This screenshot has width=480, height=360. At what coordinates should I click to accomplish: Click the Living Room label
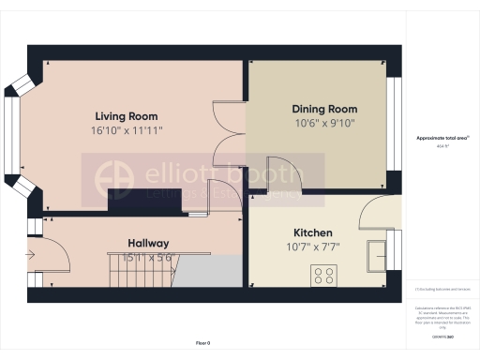pos(130,116)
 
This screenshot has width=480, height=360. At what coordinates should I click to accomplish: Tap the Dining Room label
pos(324,109)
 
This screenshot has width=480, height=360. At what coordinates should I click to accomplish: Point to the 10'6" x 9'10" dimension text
pos(324,122)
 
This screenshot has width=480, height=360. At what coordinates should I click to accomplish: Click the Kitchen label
pos(313,232)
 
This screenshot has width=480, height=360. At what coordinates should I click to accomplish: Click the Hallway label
pos(148,243)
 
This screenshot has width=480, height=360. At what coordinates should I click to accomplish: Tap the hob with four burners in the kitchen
pos(324,276)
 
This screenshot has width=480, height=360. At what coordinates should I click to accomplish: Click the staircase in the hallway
pos(141,273)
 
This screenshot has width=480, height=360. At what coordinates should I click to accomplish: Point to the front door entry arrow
pos(35,252)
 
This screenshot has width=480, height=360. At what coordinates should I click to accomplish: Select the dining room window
pos(394,128)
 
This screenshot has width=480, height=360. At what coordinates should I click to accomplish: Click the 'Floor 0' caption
pos(202,344)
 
